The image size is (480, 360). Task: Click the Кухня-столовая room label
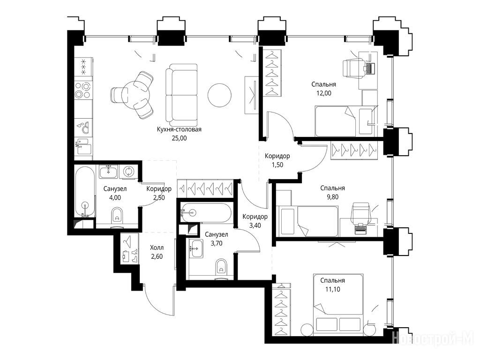coord(179,129)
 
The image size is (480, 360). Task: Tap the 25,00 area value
coord(179,138)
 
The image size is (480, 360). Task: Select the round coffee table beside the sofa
coord(219,95)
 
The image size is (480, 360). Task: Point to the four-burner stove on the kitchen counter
coord(83,90)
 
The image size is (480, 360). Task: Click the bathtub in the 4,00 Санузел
coord(85,191)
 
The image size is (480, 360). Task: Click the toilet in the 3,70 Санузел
coord(221,267)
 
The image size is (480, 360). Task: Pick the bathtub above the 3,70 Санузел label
coord(206,212)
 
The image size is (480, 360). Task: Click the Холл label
coord(157,247)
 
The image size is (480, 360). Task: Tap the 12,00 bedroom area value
coord(323,93)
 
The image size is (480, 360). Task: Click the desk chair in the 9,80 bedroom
coord(361,212)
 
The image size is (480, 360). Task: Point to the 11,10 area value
coord(332,289)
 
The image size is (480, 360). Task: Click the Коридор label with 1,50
coord(277,156)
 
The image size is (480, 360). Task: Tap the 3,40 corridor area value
coord(255,225)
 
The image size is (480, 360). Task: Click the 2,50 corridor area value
coord(159,198)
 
